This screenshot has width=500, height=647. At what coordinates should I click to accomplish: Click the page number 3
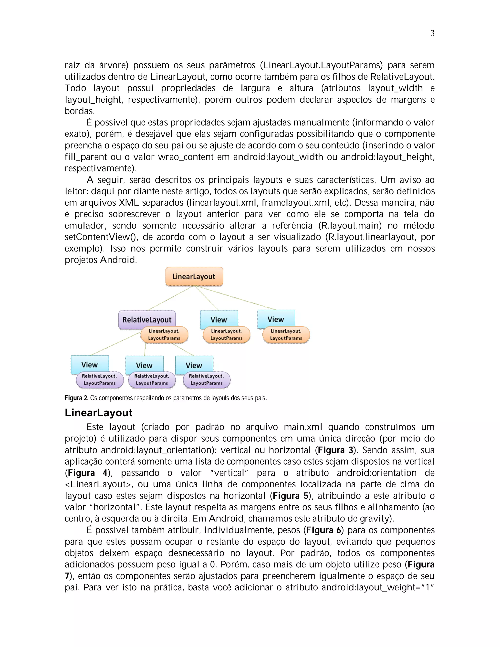click(x=432, y=33)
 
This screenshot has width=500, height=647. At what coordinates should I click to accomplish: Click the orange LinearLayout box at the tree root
click(x=194, y=276)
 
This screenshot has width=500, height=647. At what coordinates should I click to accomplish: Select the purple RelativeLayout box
click(x=147, y=319)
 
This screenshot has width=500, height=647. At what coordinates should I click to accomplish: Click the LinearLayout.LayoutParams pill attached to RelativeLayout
click(x=164, y=335)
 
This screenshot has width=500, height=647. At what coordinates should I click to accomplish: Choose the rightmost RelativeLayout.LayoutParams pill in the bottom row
click(x=207, y=379)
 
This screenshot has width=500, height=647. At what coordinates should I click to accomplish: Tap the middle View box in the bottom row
click(x=144, y=365)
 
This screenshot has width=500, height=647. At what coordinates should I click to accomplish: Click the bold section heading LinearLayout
click(x=98, y=413)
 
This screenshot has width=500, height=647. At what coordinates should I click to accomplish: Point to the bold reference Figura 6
click(x=324, y=530)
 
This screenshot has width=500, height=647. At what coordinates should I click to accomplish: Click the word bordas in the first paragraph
click(x=79, y=111)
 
